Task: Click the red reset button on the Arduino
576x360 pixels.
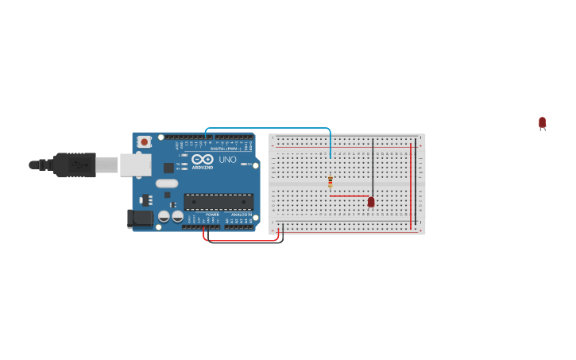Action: tap(144, 142)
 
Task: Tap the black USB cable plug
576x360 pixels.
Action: tap(75, 165)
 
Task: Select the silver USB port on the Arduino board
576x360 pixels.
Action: tap(135, 165)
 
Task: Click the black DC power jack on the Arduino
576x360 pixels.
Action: tap(140, 219)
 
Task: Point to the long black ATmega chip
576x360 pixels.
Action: tap(218, 202)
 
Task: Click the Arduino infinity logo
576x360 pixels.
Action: tap(203, 159)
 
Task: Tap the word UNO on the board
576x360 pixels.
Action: tap(227, 160)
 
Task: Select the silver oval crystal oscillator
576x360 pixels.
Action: tap(167, 184)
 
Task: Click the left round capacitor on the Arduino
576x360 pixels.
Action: tap(164, 216)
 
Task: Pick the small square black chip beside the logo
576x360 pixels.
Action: tap(168, 168)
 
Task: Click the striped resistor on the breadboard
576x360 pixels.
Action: tap(331, 182)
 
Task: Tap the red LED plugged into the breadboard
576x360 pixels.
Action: tap(371, 202)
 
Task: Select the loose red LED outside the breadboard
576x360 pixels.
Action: tap(542, 122)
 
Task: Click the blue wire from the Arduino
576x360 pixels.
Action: tap(270, 128)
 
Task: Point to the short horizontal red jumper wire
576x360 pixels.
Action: tap(350, 195)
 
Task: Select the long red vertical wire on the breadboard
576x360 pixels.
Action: tap(411, 187)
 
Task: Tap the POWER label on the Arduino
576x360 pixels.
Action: tap(212, 215)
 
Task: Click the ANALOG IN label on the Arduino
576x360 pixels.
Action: tap(242, 215)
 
